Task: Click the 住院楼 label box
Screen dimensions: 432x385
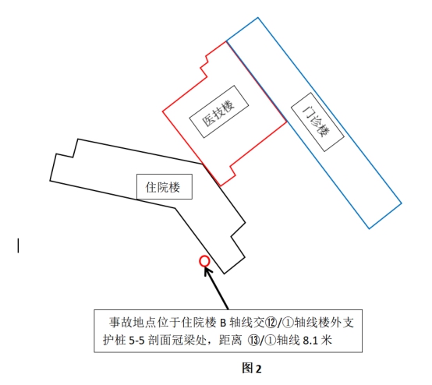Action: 165,186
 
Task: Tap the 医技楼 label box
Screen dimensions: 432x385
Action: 219,111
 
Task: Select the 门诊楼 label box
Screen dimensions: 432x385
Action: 317,122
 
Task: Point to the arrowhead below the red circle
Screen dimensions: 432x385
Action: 207,271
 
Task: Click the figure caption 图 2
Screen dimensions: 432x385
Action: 252,368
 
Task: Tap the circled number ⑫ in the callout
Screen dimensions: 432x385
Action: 271,323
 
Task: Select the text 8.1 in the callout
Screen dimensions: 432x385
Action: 310,341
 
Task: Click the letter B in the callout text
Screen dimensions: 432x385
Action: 223,323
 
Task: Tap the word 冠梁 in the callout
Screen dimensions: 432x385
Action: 183,341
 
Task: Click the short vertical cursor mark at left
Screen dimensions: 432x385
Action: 18,245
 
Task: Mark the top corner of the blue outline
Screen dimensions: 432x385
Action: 258,18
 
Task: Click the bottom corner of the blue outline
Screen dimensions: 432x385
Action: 369,228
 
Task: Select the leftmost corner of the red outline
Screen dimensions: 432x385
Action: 162,111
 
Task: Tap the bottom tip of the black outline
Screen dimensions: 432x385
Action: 225,274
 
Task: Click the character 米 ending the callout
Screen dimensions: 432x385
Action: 326,341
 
